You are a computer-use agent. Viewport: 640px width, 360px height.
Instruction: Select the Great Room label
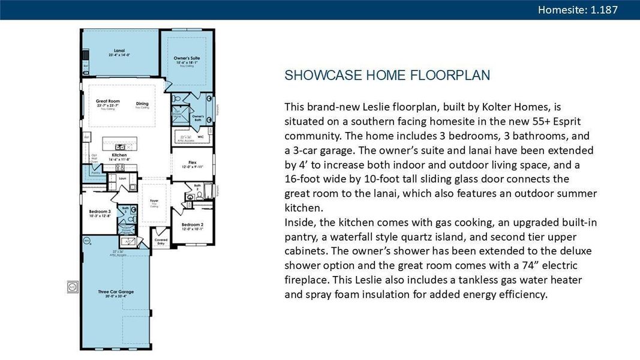pos(108,101)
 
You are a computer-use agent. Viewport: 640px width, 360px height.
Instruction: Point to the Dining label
pos(142,104)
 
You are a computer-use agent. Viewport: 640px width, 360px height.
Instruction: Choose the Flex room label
pos(192,162)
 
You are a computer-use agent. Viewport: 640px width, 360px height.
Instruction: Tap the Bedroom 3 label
pos(100,212)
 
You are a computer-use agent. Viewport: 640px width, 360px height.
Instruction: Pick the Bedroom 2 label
pos(192,225)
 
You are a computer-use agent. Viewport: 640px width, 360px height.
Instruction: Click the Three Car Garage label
pos(116,292)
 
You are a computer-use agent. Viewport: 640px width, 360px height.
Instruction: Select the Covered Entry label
pos(161,241)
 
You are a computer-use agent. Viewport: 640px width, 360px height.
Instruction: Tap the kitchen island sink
pos(120,146)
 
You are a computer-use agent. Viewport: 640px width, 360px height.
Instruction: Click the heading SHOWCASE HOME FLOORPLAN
pos(387,76)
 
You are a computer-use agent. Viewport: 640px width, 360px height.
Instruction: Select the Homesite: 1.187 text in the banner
pos(578,10)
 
